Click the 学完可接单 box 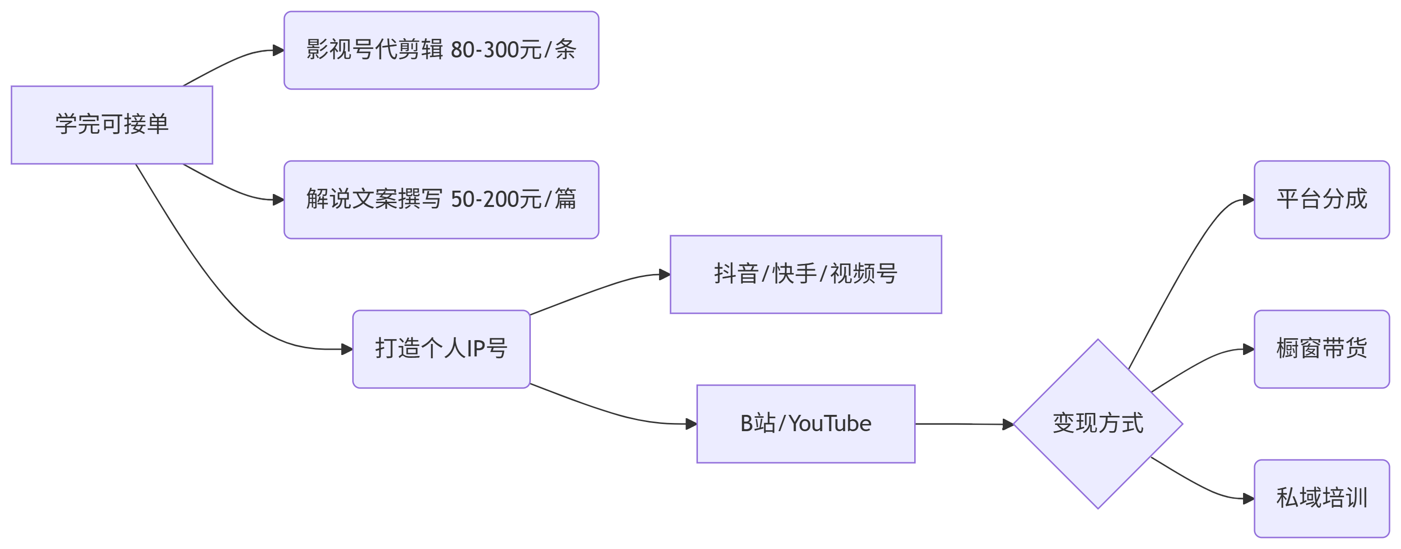[112, 125]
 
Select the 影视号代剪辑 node [441, 50]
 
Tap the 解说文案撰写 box [441, 199]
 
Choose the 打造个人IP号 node [441, 349]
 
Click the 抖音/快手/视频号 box [806, 274]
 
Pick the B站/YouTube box [806, 424]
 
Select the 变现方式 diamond [1098, 424]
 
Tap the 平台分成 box [1322, 199]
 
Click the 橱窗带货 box [1322, 349]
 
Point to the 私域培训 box [1322, 498]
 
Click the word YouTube [830, 424]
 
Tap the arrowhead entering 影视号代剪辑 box [279, 51]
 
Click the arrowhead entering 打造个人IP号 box [347, 349]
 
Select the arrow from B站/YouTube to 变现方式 [963, 424]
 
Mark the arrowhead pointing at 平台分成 [1249, 200]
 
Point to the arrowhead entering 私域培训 [1249, 498]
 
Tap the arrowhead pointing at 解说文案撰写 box [279, 200]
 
